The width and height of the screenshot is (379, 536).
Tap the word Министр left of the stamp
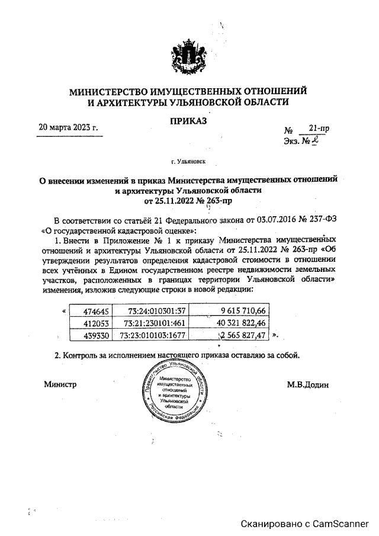61,384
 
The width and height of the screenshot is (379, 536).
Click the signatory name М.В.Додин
308,384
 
